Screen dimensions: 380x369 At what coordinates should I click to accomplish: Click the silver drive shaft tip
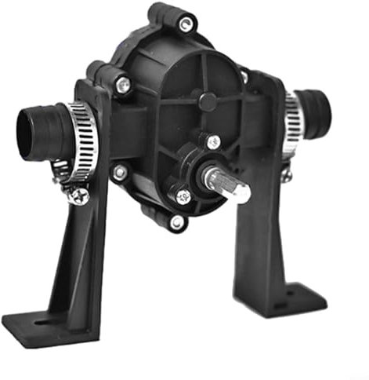[241, 191]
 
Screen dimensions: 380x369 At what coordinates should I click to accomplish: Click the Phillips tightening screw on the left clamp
[75, 195]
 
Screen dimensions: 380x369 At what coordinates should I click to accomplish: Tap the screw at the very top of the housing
[185, 24]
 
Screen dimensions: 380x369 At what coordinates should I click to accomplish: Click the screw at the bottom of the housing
[177, 223]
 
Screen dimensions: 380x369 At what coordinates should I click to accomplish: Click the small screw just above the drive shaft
[213, 142]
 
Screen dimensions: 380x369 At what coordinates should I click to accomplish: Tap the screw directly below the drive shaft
[183, 196]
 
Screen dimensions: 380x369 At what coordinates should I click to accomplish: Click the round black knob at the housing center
[207, 100]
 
